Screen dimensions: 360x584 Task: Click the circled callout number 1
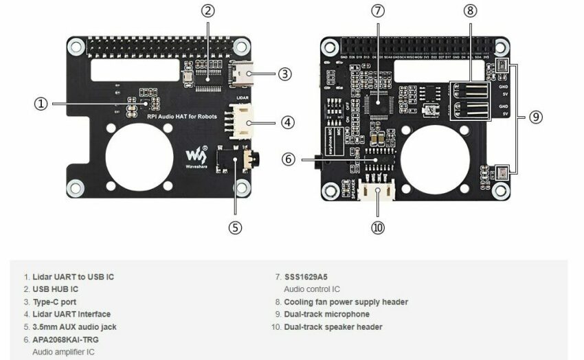[41, 104]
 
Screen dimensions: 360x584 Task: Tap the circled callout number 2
[208, 10]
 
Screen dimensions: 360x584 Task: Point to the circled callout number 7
[377, 10]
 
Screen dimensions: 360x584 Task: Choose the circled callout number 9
[535, 117]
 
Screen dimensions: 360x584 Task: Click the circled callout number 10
[377, 228]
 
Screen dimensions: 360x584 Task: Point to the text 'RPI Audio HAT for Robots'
[181, 117]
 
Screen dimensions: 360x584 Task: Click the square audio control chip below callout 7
[377, 103]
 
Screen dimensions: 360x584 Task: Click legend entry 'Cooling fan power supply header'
[346, 302]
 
